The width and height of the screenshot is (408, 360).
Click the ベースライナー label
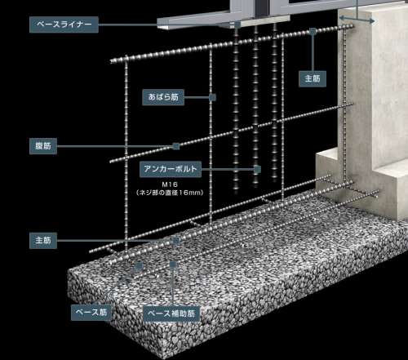[x=64, y=24]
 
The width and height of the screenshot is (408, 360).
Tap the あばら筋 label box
[x=163, y=97]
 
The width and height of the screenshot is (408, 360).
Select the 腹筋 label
[x=43, y=146]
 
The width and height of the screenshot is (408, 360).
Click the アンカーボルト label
[x=171, y=169]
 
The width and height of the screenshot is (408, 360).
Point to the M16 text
[x=170, y=184]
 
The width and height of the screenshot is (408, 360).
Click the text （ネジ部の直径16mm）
[x=170, y=193]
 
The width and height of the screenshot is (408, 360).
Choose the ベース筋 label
[x=91, y=313]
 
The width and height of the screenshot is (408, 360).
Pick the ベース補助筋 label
[x=171, y=313]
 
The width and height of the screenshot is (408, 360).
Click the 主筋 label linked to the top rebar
[x=313, y=79]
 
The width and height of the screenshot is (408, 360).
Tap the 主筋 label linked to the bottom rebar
[x=43, y=241]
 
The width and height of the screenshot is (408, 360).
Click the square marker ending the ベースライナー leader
[x=237, y=25]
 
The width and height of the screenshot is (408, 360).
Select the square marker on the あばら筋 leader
[x=212, y=97]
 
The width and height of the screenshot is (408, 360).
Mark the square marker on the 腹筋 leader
[x=176, y=146]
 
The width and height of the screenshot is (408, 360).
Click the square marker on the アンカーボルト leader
[x=257, y=170]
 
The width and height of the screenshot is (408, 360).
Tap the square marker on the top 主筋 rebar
[x=313, y=32]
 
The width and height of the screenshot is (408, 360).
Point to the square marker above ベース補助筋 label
[x=173, y=264]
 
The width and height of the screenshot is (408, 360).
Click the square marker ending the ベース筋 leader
[x=140, y=266]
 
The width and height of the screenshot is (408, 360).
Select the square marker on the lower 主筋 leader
[x=176, y=241]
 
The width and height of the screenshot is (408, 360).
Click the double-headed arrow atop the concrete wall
[x=357, y=20]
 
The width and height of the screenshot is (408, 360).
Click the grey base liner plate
[x=223, y=22]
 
